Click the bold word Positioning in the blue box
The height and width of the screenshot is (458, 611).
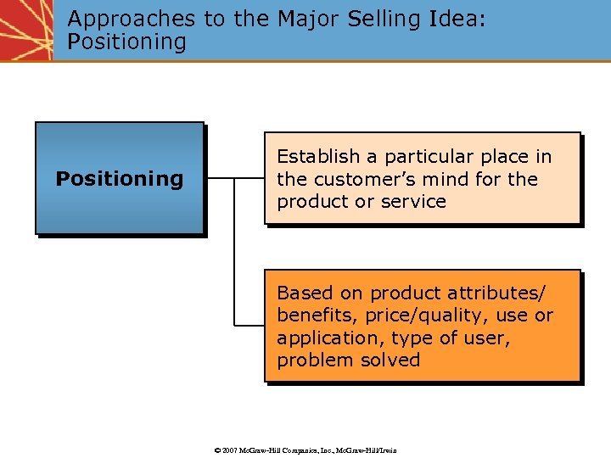coord(119,179)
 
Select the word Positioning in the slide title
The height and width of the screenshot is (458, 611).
coord(126,42)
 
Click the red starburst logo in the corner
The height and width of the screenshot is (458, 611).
coord(25,30)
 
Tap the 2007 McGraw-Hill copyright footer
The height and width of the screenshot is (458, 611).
coord(305,450)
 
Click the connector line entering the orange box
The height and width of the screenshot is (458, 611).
coord(249,325)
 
